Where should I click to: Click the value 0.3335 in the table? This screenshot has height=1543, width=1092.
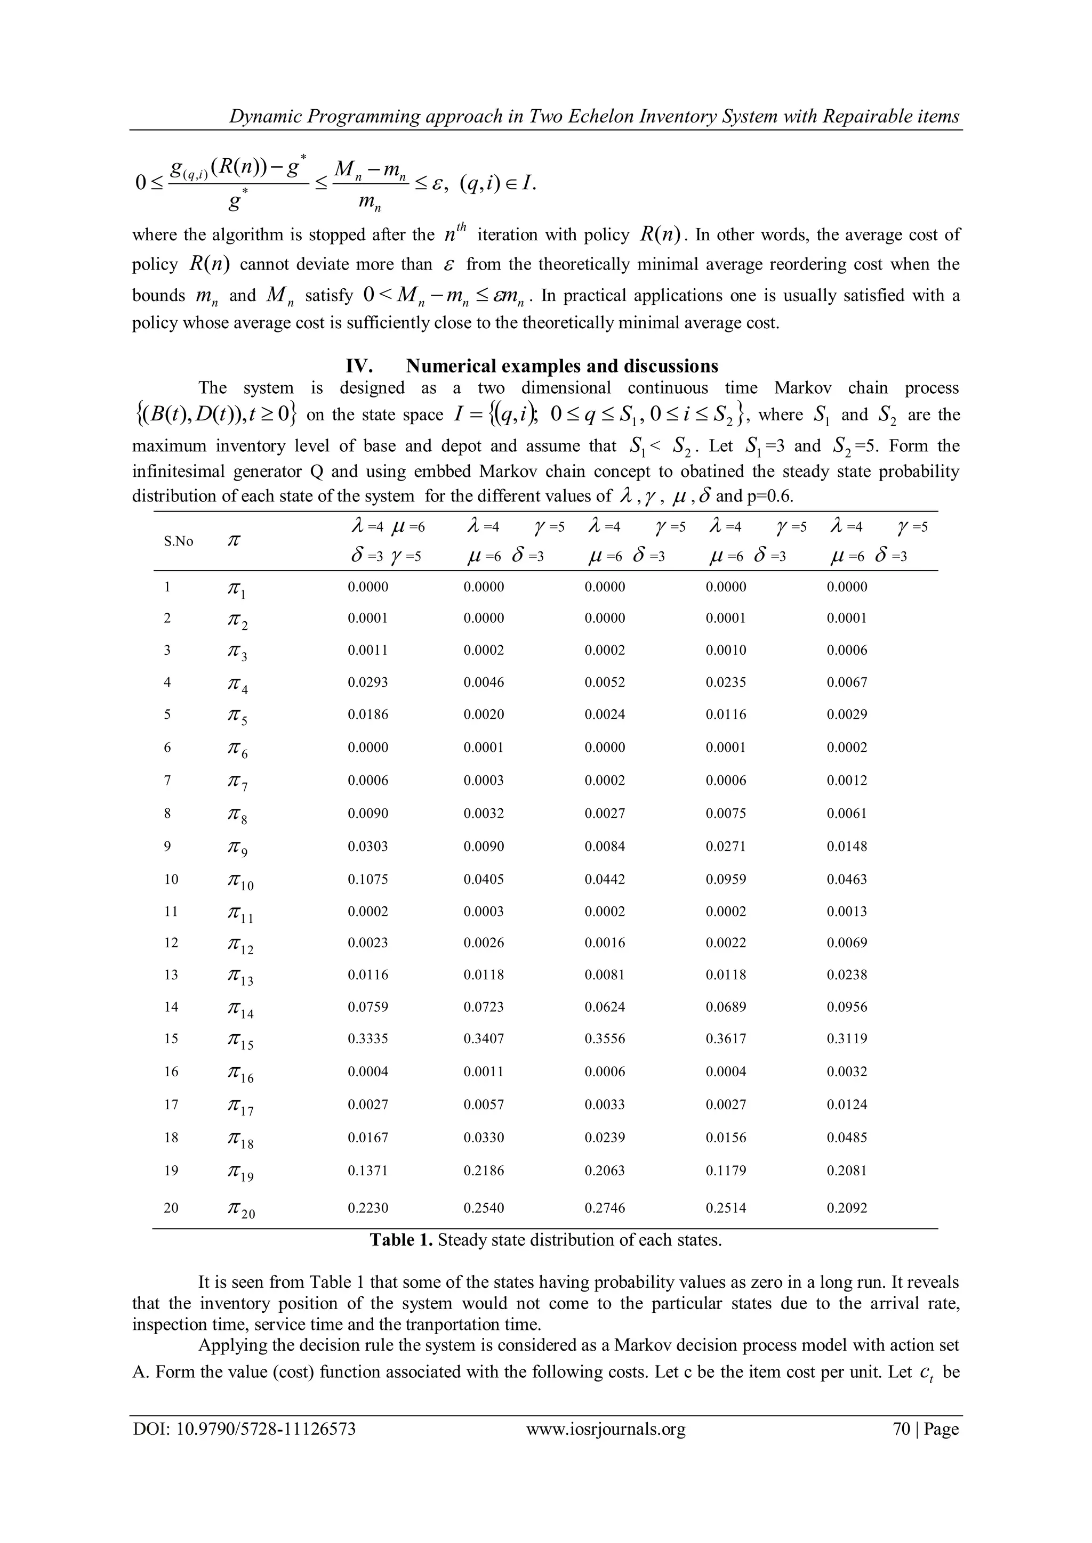click(x=368, y=1038)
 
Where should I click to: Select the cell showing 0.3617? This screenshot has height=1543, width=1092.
click(x=726, y=1038)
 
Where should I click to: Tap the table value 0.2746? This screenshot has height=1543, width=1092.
click(x=605, y=1208)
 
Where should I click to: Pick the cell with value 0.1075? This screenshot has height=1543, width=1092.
click(x=368, y=879)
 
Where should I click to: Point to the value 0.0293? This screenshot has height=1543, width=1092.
click(x=368, y=682)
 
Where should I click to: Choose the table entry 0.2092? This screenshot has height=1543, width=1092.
click(x=847, y=1208)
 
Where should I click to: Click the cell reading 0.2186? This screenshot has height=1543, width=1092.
click(x=484, y=1170)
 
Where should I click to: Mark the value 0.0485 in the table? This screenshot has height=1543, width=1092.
click(x=847, y=1137)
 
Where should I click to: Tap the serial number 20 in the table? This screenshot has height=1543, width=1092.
click(x=172, y=1208)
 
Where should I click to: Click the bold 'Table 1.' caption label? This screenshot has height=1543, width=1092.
click(x=402, y=1240)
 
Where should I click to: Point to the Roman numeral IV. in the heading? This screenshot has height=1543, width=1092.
click(x=360, y=366)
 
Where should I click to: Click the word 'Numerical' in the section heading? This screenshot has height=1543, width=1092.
click(x=454, y=366)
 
